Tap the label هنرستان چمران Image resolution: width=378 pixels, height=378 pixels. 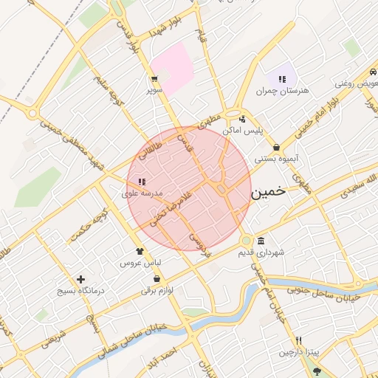pyautogui.click(x=275, y=92)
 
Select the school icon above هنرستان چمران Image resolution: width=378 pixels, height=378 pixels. pyautogui.click(x=282, y=79)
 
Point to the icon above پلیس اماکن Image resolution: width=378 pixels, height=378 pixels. pyautogui.click(x=242, y=119)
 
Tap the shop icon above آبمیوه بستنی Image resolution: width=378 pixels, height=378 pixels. pyautogui.click(x=276, y=147)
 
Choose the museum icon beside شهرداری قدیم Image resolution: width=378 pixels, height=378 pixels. pyautogui.click(x=261, y=241)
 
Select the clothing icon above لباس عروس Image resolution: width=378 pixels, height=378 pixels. pyautogui.click(x=140, y=251)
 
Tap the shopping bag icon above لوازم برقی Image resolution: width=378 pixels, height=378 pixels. pyautogui.click(x=156, y=278)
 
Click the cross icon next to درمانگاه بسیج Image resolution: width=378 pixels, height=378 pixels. pyautogui.click(x=80, y=278)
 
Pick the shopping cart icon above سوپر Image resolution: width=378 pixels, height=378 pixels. pyautogui.click(x=154, y=78)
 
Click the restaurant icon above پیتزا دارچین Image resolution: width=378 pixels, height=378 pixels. pyautogui.click(x=298, y=340)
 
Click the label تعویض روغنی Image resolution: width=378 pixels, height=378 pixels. pyautogui.click(x=356, y=84)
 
